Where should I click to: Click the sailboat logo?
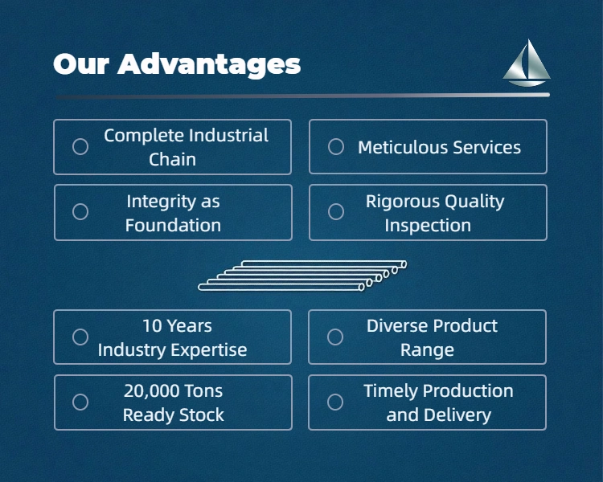(x=527, y=63)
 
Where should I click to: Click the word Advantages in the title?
(x=209, y=64)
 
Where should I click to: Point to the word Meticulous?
(x=403, y=147)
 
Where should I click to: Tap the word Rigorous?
(x=400, y=202)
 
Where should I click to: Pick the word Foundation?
(x=173, y=225)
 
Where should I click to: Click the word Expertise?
(x=209, y=350)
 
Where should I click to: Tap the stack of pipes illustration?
(x=302, y=276)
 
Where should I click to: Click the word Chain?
(x=172, y=160)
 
